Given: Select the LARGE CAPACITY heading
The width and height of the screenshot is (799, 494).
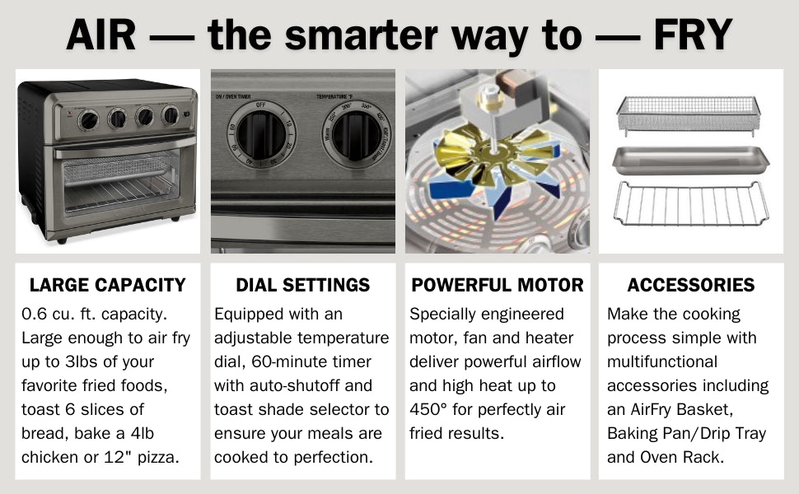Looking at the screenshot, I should click(x=107, y=286).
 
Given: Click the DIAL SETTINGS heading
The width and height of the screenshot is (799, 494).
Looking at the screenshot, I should click(x=302, y=286).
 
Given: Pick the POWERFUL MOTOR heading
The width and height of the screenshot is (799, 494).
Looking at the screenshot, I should click(x=498, y=286).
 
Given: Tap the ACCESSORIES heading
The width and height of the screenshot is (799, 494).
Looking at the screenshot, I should click(x=690, y=286).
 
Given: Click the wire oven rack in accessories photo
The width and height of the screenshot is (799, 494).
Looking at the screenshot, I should click(x=690, y=205).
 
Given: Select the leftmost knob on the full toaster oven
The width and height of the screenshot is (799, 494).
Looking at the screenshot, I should click(x=88, y=120).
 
